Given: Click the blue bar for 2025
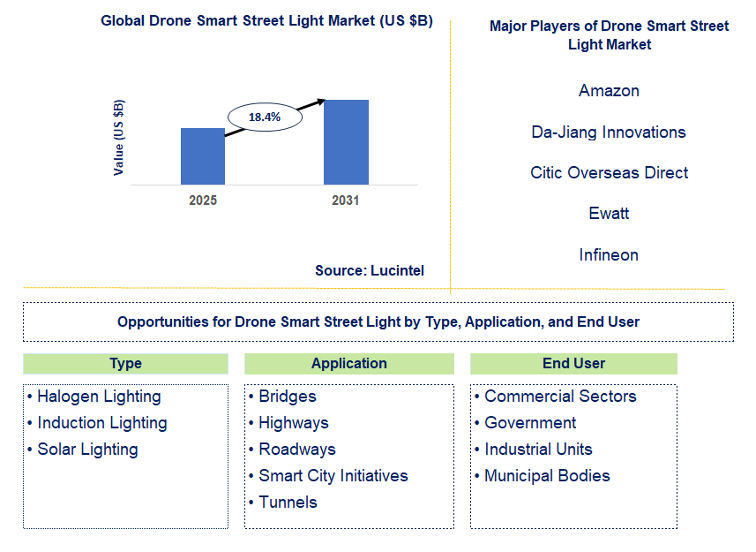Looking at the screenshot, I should click(203, 156).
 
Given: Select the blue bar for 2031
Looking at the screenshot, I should click(346, 142).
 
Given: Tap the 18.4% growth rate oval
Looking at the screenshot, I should click(265, 117).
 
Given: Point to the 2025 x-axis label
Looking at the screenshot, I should click(203, 200).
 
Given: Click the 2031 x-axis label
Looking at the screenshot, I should click(346, 200).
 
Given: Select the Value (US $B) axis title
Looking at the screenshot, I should click(119, 137).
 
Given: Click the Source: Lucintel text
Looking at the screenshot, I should click(370, 271).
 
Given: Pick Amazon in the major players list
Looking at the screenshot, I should click(609, 91).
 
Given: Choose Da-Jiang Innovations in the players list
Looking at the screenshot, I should click(609, 132).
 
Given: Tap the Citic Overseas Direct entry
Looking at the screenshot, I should click(609, 173).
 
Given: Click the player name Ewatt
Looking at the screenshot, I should click(609, 214).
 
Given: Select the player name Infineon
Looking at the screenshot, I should click(609, 255).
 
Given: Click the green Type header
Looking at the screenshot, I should click(125, 364).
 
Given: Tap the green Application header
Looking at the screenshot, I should click(349, 364).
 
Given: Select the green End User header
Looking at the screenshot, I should click(573, 364).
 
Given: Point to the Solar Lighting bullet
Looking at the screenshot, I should click(87, 450).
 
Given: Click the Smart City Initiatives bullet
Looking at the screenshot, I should click(333, 476).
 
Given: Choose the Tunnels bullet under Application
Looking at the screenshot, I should click(288, 503).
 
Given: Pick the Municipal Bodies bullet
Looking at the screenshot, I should click(547, 476).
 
